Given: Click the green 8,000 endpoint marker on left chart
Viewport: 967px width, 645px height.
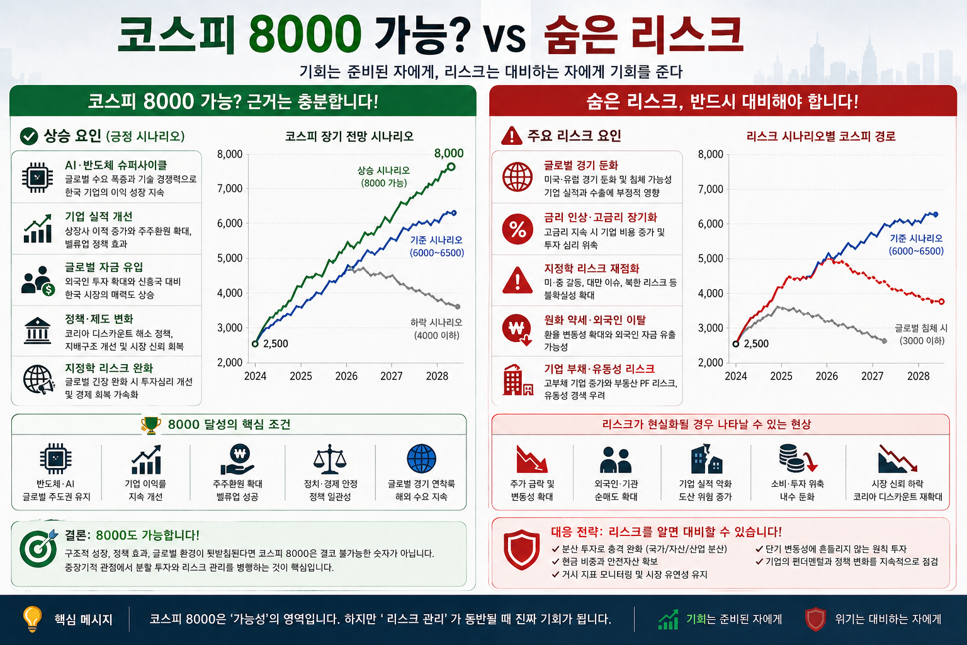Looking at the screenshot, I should [x=451, y=166].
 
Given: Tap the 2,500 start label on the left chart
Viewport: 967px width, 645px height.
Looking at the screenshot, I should [x=275, y=344].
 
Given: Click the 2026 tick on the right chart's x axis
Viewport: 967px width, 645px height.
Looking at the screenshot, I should [x=827, y=376].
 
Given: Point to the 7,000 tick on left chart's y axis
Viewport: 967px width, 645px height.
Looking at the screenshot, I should [x=230, y=188].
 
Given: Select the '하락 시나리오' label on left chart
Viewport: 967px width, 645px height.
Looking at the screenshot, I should [x=436, y=322].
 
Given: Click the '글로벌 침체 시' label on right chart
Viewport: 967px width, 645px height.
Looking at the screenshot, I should [x=921, y=328].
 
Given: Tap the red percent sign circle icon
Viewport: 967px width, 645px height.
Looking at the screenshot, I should [x=517, y=229].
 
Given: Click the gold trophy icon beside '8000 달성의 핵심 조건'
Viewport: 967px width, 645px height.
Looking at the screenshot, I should [x=151, y=425].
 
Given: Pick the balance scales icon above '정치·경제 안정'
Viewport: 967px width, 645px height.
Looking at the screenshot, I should [x=330, y=459].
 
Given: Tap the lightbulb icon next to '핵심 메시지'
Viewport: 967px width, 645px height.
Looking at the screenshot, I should [x=31, y=619].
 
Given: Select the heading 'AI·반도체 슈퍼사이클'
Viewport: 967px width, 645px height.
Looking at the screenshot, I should [x=116, y=165].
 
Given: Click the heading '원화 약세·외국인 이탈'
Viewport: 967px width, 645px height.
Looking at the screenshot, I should [x=595, y=320].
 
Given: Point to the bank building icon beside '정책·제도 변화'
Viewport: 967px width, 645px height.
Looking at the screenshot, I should [x=38, y=331].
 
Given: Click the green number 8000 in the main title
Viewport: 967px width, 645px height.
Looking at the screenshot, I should [x=305, y=35].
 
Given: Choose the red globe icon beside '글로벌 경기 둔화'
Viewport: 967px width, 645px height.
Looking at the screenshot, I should [x=517, y=177].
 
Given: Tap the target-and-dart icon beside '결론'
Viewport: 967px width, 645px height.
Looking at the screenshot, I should [x=38, y=547].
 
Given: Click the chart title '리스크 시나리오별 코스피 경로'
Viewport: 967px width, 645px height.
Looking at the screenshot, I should [x=821, y=136].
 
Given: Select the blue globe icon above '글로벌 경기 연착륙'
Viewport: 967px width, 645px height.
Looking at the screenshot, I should [x=421, y=459].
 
